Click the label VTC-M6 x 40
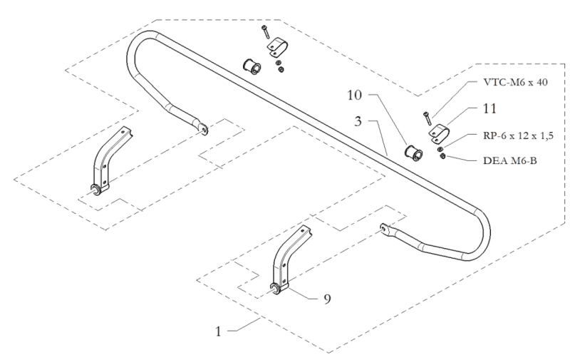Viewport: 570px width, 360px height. [512, 82]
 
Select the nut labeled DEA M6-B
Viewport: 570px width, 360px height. [443, 157]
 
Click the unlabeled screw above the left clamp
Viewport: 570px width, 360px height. [265, 32]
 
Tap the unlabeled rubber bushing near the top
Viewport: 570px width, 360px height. [252, 67]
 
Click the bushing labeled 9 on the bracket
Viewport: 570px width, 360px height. [275, 287]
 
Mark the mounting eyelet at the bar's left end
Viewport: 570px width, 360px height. [205, 130]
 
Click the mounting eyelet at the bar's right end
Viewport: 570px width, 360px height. [385, 229]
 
